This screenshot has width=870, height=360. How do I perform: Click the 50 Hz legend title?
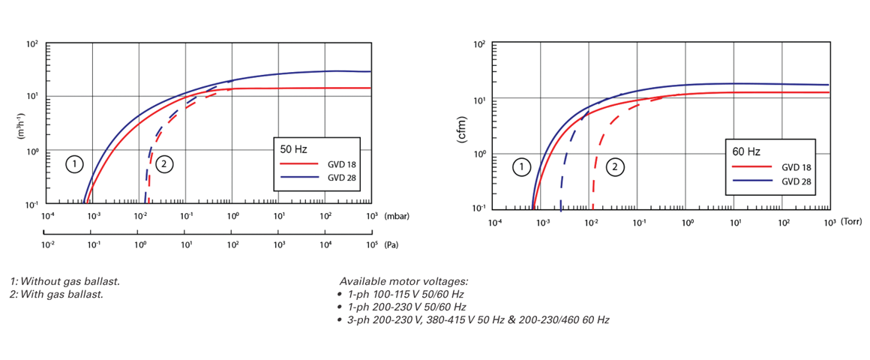point(294,149)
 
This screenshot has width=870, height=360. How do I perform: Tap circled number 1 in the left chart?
point(73,164)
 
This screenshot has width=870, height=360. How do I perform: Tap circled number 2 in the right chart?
point(615,167)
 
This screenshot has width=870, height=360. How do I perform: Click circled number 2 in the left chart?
point(164,164)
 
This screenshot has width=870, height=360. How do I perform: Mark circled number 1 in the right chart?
point(522,167)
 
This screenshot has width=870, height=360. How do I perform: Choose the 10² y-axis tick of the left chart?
point(32,45)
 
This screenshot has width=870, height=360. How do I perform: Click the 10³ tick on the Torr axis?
point(829,223)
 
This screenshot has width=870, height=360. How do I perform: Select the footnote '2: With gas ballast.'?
point(57,294)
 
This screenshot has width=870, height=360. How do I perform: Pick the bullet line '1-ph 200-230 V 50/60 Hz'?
point(407,307)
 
